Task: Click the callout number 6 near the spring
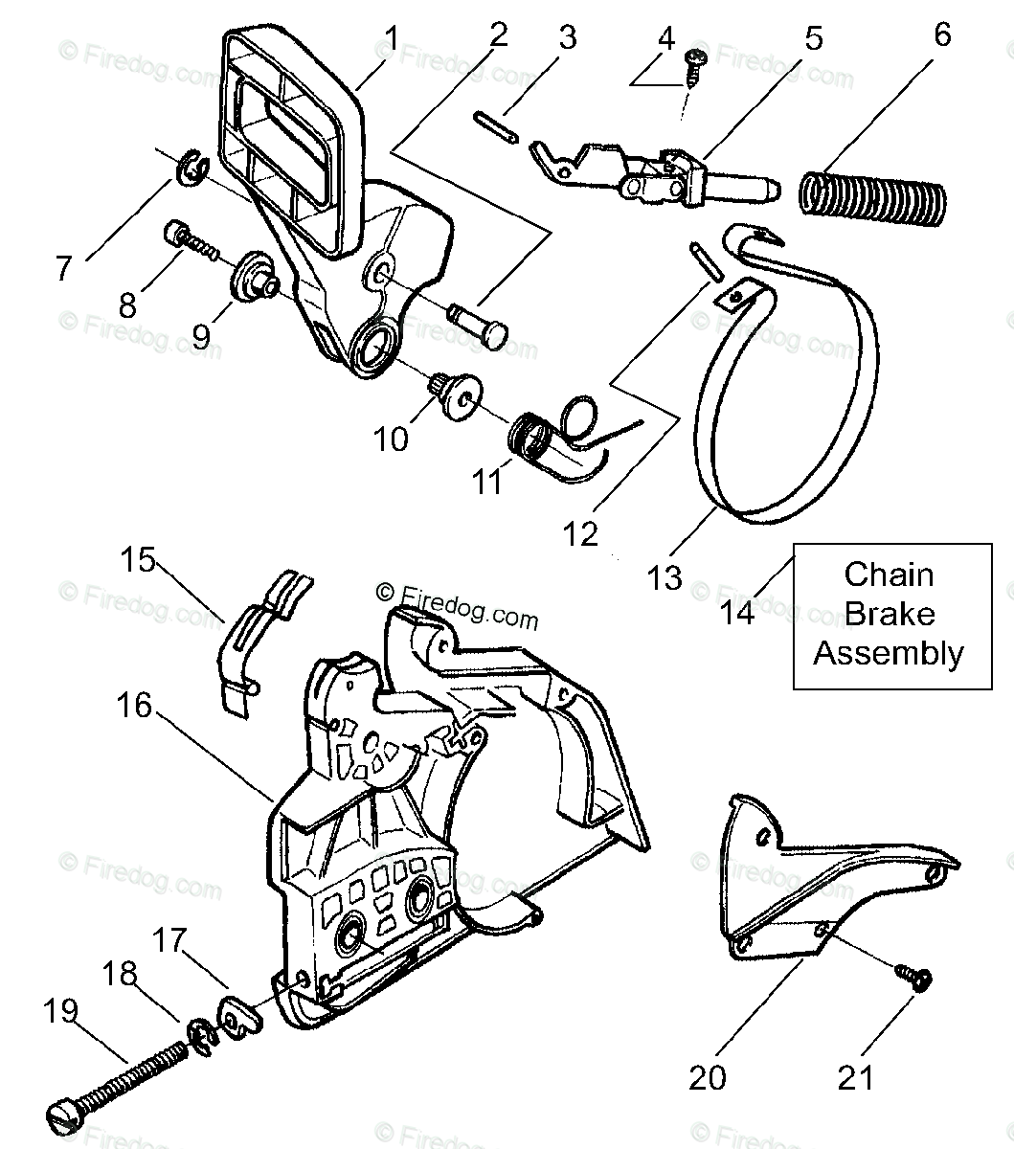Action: pos(942,35)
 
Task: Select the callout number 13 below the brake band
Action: pos(665,577)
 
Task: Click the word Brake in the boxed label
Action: pos(889,614)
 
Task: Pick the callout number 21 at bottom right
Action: pos(855,1077)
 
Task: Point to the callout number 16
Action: pos(135,706)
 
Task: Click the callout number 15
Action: pos(138,559)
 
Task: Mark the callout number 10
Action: pos(391,439)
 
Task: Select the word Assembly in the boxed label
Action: pos(889,654)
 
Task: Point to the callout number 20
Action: pos(708,1077)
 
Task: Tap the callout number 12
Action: pos(580,533)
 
